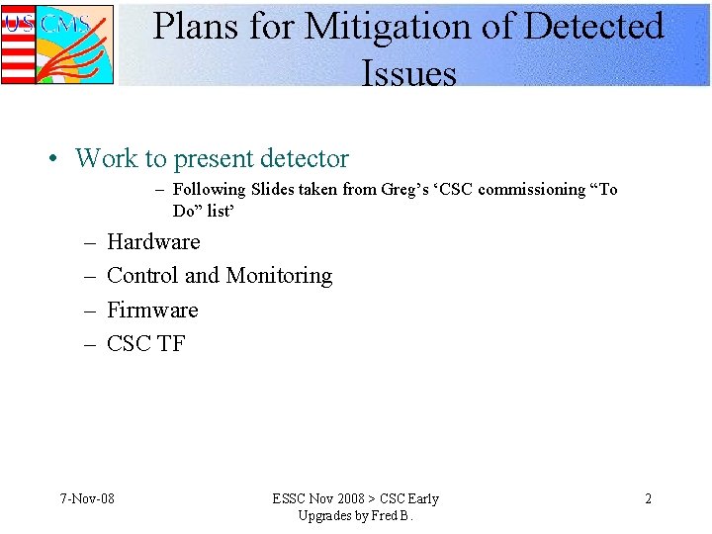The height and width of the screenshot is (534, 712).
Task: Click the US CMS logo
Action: click(57, 44)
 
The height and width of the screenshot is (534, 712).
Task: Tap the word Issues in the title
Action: click(408, 73)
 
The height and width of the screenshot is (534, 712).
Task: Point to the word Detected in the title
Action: click(592, 27)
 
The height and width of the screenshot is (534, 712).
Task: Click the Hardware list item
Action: click(153, 241)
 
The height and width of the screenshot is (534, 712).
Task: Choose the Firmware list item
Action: click(152, 310)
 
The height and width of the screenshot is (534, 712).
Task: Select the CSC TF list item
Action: click(145, 343)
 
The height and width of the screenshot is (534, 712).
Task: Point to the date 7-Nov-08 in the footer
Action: click(87, 498)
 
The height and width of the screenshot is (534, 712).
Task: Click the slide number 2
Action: click(648, 498)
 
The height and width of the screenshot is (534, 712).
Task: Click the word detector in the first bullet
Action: click(302, 158)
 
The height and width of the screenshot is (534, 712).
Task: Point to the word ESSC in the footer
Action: click(290, 498)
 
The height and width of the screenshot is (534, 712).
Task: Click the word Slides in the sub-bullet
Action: click(275, 189)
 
